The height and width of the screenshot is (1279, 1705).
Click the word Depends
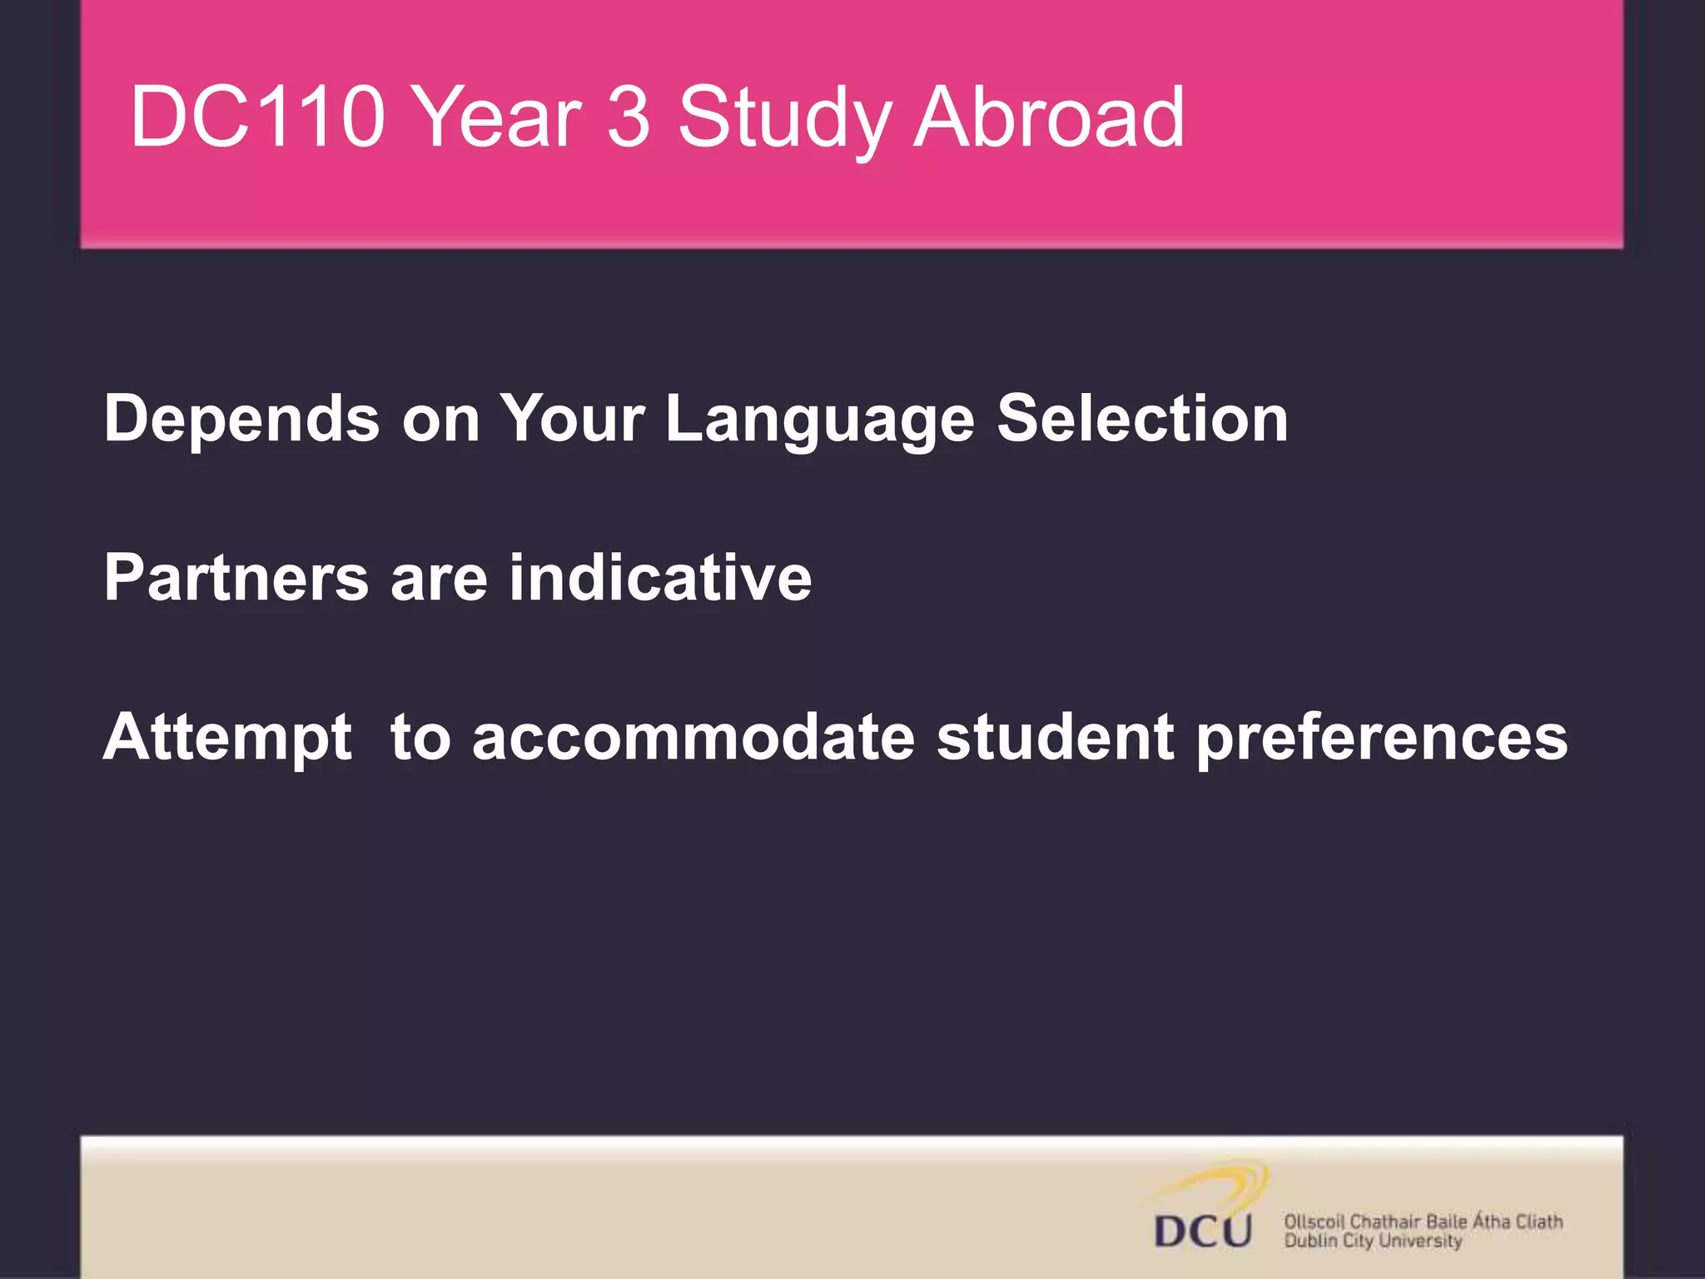(241, 419)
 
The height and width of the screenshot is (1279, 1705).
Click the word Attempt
(227, 738)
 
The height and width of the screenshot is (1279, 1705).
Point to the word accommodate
(693, 737)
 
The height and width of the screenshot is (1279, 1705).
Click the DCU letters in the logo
(1203, 1230)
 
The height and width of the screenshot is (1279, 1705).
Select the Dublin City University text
(1373, 1241)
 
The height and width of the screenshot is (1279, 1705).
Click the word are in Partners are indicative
(439, 579)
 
